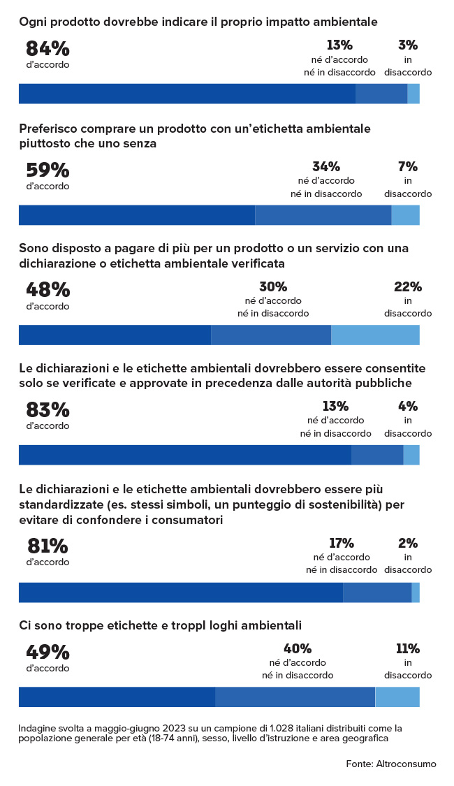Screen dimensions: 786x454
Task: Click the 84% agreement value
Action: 47,49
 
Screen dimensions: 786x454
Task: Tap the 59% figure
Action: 47,170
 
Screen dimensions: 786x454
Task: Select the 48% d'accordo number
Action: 47,290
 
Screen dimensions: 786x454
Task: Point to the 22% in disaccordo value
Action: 407,287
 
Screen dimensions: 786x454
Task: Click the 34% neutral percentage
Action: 326,167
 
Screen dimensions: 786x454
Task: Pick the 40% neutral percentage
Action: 298,648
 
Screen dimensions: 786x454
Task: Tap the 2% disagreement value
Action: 408,543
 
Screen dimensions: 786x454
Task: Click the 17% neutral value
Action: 342,543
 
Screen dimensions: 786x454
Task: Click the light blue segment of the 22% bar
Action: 375,335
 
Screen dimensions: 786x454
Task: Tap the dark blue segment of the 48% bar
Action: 115,335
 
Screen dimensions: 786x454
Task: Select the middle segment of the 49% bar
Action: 295,697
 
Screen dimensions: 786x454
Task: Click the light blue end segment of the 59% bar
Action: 405,215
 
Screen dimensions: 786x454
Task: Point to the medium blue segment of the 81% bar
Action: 377,592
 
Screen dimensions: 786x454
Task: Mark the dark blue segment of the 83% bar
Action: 184,455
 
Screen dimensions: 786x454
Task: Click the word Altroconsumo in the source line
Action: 407,764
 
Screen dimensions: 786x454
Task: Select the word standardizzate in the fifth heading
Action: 57,504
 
